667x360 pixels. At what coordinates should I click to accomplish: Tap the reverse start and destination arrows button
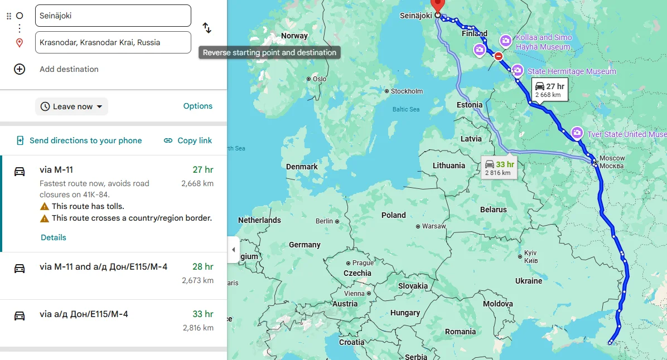click(x=206, y=28)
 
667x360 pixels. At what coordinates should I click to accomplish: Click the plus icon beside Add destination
click(x=20, y=69)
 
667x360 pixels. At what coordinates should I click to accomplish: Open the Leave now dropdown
click(x=71, y=106)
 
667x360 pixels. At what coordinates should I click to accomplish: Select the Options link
click(x=198, y=106)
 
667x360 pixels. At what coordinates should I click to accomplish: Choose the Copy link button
click(x=188, y=140)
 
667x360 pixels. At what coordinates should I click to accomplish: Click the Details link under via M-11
click(x=54, y=237)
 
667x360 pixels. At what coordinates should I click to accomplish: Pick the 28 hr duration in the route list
click(x=203, y=267)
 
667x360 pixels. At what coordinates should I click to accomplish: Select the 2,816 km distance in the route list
click(x=198, y=328)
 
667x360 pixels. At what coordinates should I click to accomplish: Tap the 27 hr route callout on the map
click(x=550, y=89)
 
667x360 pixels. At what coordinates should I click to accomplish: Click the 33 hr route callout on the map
click(x=499, y=167)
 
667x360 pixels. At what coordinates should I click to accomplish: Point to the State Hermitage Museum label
click(x=571, y=71)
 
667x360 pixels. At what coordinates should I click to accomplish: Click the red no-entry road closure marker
click(x=499, y=56)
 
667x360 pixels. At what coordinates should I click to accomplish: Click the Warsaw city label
click(x=434, y=226)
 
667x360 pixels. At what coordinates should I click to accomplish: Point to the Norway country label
click(x=294, y=36)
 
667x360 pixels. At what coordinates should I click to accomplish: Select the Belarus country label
click(x=493, y=210)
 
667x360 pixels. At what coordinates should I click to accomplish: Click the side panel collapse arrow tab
click(x=234, y=250)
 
